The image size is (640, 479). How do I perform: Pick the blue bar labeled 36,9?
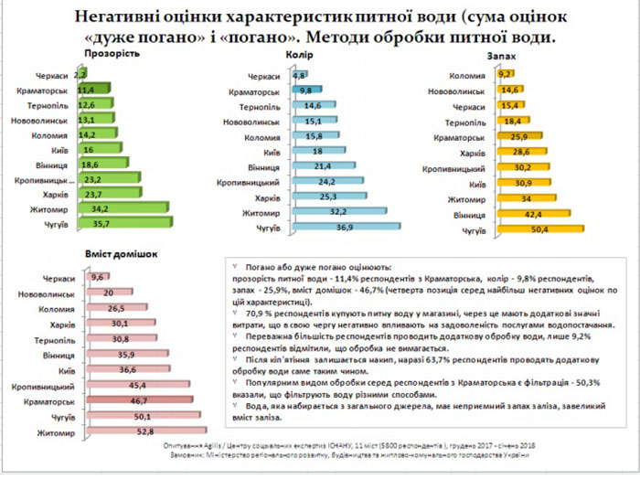343,225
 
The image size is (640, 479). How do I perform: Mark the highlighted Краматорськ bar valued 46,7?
139,400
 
